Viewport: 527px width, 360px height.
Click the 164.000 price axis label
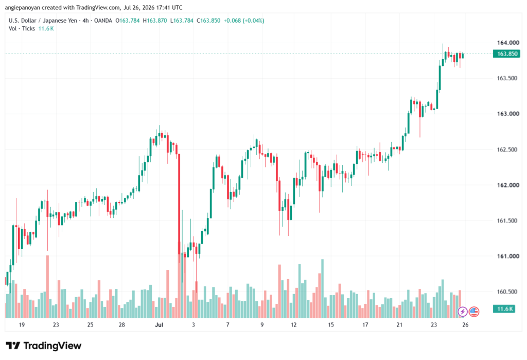[x=508, y=43]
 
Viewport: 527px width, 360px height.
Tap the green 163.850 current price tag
[x=506, y=54]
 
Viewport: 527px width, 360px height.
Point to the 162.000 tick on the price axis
[x=508, y=185]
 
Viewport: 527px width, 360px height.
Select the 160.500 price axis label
[x=508, y=292]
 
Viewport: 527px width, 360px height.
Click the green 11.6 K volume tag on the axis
[x=504, y=309]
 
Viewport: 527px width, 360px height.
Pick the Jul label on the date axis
[x=159, y=324]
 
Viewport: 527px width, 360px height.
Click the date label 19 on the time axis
[x=22, y=324]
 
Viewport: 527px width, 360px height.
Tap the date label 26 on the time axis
[x=465, y=324]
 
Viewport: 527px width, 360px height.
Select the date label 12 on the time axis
[x=294, y=324]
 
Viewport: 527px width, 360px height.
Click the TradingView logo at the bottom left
[x=44, y=346]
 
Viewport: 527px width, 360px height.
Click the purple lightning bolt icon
[x=463, y=312]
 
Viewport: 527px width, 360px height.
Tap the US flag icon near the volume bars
[x=474, y=312]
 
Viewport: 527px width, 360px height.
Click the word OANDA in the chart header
[x=103, y=21]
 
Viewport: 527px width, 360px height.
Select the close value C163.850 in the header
[x=208, y=21]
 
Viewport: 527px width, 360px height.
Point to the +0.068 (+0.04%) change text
[x=244, y=21]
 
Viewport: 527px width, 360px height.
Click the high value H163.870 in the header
[x=155, y=21]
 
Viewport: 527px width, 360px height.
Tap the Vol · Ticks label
[x=22, y=29]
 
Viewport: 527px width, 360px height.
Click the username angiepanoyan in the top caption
[x=23, y=7]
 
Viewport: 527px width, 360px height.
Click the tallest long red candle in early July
[x=179, y=204]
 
